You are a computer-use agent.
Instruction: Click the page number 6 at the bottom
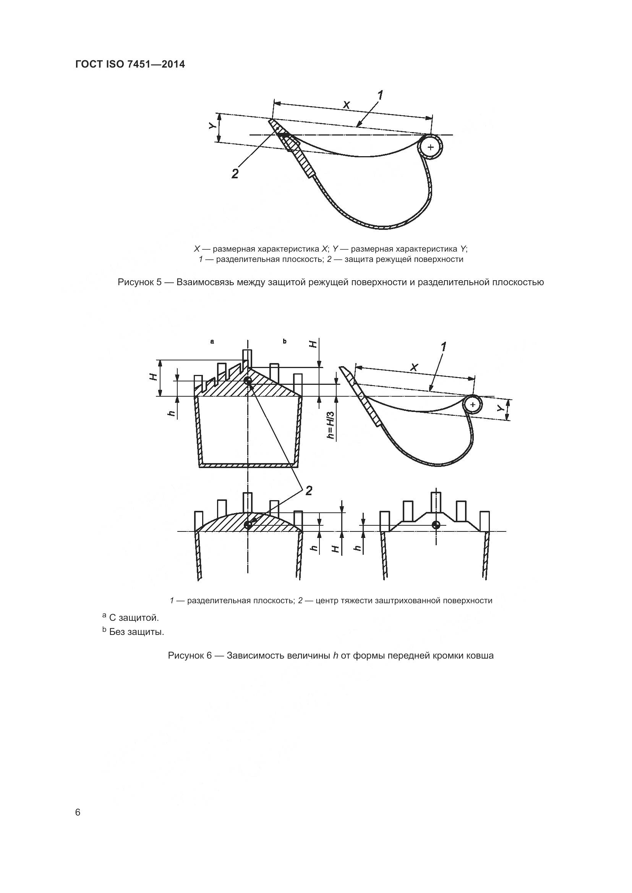pos(78,812)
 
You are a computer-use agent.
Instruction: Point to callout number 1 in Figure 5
pos(380,95)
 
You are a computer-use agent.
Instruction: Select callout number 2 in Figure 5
pos(235,173)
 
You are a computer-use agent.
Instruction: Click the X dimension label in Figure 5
pos(346,105)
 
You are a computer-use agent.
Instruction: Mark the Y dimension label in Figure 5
pos(211,126)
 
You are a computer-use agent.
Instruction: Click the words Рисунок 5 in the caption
pos(140,282)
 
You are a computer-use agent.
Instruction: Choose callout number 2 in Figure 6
pos(309,491)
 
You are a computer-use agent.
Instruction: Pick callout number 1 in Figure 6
pos(443,347)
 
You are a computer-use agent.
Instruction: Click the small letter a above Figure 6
pos(212,341)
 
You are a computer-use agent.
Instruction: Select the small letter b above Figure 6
pos(285,341)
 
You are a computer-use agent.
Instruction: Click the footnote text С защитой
pos(134,618)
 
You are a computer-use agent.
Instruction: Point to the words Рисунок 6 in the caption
pos(190,656)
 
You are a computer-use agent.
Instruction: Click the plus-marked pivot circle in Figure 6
pos(473,405)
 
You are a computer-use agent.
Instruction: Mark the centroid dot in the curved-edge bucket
pos(248,525)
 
